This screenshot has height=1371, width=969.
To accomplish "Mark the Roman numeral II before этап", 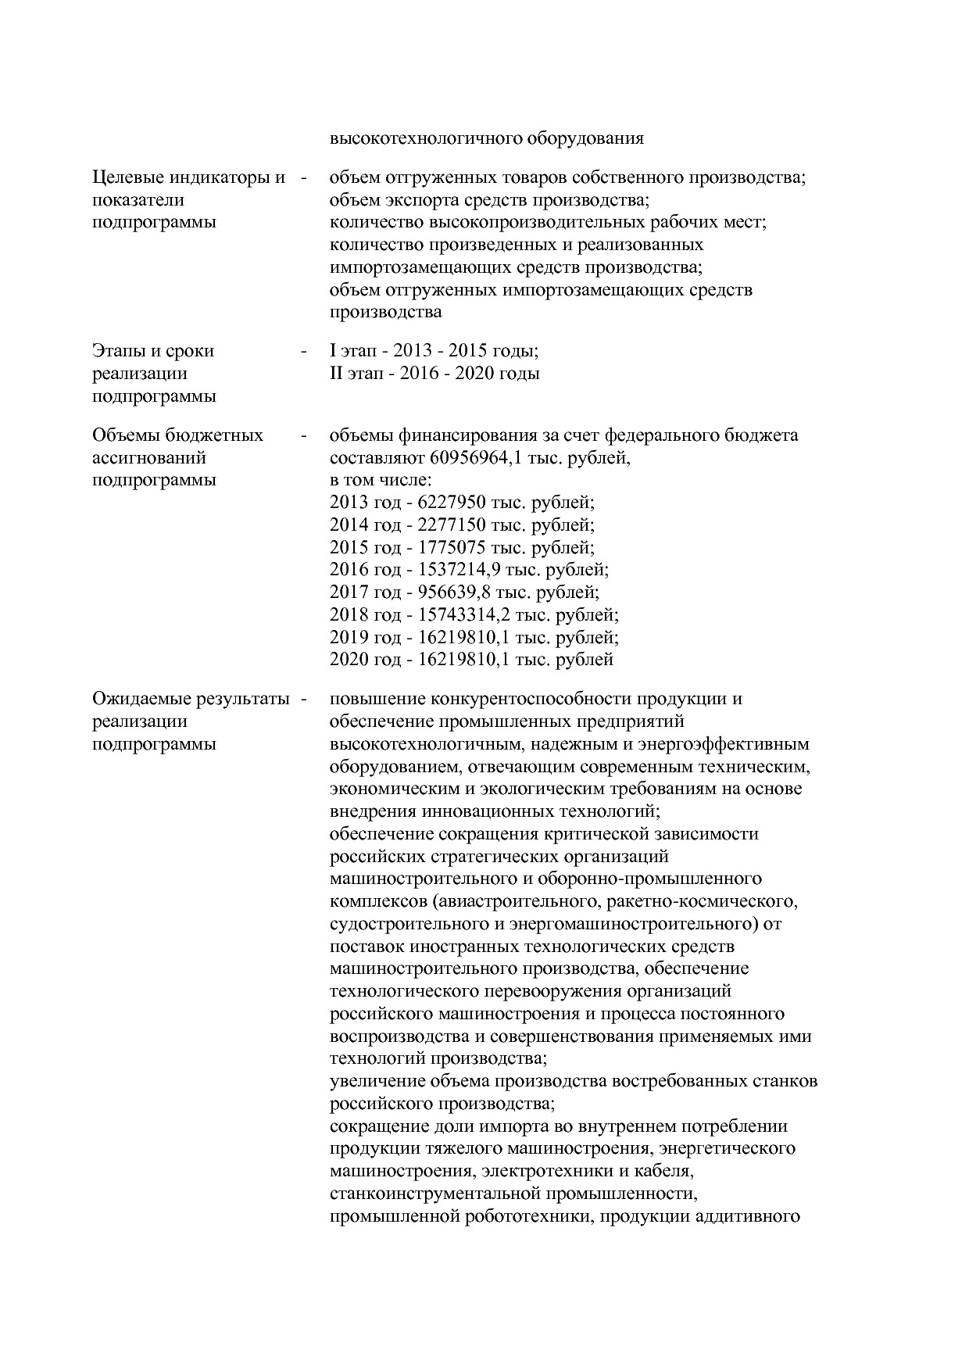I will [336, 374].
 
